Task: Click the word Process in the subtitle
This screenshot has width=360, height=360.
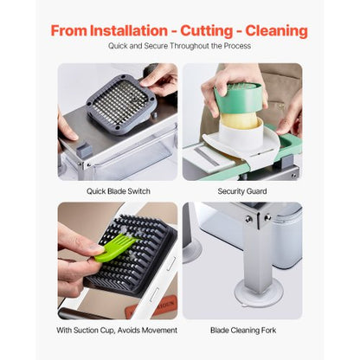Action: click(x=237, y=46)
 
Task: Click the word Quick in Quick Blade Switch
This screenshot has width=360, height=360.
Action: click(x=96, y=190)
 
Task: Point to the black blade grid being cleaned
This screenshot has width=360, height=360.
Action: click(x=130, y=260)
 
